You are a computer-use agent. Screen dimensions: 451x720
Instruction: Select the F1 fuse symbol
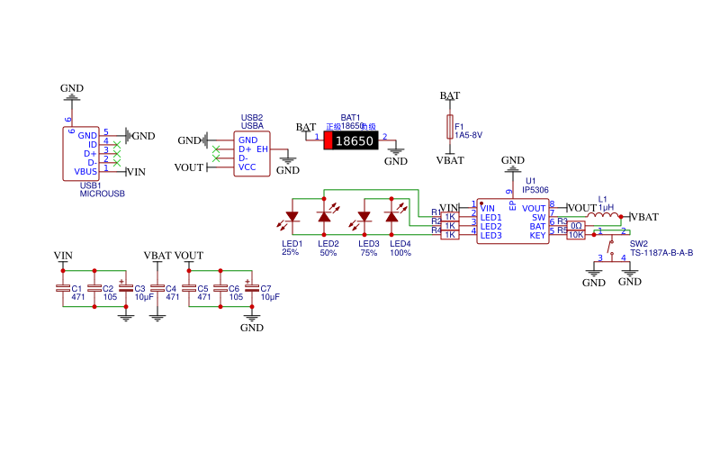[x=450, y=127]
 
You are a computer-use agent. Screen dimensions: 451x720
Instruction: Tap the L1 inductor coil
[x=603, y=216]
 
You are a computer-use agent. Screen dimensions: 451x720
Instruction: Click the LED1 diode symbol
[x=292, y=217]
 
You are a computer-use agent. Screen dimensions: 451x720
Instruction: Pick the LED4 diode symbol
[x=391, y=217]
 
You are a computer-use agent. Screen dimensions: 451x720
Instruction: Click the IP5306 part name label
[x=536, y=190]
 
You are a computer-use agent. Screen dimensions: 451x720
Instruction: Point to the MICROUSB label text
[x=102, y=194]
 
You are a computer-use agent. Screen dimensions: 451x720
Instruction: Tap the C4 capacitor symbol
[x=157, y=288]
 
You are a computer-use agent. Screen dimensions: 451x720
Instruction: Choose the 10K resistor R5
[x=576, y=235]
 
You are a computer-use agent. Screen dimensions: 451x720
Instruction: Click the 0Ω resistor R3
[x=576, y=225]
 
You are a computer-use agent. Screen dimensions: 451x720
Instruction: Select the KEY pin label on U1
[x=537, y=236]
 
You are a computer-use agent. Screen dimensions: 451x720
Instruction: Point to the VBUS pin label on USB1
[x=85, y=171]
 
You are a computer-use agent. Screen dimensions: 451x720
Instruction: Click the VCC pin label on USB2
[x=247, y=167]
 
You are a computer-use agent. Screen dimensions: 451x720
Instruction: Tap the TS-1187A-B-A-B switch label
[x=661, y=253]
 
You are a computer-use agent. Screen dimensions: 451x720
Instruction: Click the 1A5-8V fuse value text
[x=469, y=135]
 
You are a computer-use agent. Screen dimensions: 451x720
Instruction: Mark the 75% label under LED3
[x=368, y=253]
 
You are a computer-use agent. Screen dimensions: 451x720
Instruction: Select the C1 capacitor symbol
[x=63, y=288]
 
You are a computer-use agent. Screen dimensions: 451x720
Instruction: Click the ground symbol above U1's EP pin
[x=513, y=166]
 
